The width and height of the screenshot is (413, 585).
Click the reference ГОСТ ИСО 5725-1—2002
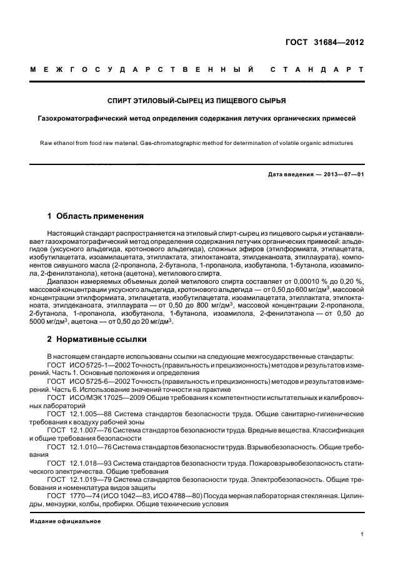(91, 364)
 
